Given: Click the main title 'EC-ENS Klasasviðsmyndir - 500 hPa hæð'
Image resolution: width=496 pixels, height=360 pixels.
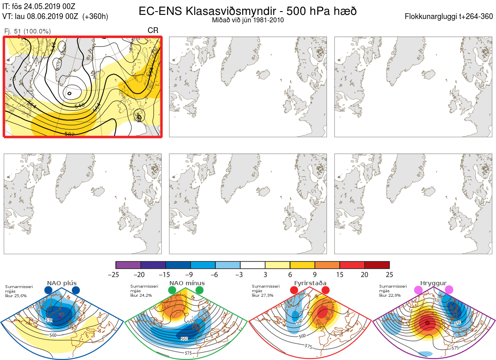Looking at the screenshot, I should click(248, 11).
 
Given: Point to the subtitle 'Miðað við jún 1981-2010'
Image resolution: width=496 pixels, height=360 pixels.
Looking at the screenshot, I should click(248, 20).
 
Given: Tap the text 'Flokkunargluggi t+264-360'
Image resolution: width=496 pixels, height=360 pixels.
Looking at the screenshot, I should click(450, 17).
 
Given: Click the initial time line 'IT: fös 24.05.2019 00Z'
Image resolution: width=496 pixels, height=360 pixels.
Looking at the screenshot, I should click(39, 7).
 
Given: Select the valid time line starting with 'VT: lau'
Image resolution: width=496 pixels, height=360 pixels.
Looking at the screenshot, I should click(55, 17).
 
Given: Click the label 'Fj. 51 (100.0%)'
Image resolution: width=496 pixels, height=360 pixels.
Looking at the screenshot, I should click(27, 31).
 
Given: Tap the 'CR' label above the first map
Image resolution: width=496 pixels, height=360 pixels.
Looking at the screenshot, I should click(153, 31).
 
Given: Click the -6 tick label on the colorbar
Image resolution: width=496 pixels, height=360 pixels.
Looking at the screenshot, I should click(215, 274).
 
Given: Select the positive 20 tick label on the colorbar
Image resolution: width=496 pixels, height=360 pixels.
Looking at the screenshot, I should click(365, 274).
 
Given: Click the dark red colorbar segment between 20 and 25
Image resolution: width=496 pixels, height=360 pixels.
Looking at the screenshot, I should click(377, 265).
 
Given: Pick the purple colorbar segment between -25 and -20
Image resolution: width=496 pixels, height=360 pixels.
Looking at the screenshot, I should click(128, 265).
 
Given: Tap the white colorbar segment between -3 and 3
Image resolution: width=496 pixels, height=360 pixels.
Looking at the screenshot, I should click(253, 265).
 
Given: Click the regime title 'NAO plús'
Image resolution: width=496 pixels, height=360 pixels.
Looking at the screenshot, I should click(62, 283).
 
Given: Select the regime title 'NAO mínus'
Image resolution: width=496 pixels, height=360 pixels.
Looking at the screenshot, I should click(187, 283).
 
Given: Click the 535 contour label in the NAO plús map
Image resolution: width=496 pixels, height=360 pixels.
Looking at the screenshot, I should click(49, 320).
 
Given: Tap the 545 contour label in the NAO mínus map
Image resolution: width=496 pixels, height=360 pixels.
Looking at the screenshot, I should click(191, 321).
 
